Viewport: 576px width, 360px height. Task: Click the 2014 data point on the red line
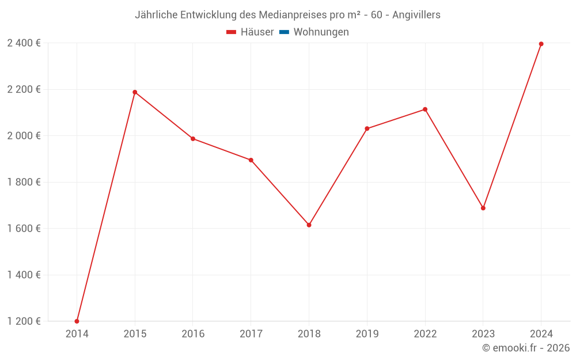click(x=77, y=321)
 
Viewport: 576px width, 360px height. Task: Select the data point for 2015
click(x=135, y=92)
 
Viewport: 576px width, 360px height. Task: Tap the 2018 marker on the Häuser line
click(x=309, y=225)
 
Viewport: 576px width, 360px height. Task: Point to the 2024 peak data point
click(x=541, y=44)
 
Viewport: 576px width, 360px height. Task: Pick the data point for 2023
click(x=483, y=208)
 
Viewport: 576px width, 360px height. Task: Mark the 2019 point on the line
click(x=367, y=128)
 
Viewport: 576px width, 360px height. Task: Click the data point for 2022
click(x=425, y=109)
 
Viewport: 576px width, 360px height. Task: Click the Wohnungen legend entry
click(x=321, y=32)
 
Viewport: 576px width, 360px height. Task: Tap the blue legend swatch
click(x=284, y=32)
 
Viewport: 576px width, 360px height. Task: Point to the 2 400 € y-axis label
click(x=24, y=43)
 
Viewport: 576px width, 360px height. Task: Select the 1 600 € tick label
click(x=24, y=229)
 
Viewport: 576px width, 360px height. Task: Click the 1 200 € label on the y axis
click(x=24, y=321)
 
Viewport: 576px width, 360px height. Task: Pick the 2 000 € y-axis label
click(x=24, y=136)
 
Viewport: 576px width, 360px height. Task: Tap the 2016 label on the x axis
click(x=193, y=334)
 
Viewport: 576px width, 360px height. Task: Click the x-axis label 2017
click(x=251, y=334)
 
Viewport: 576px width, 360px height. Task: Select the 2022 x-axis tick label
click(x=425, y=334)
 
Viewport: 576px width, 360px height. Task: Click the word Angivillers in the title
click(x=416, y=15)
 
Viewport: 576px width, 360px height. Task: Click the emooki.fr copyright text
click(x=526, y=348)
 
